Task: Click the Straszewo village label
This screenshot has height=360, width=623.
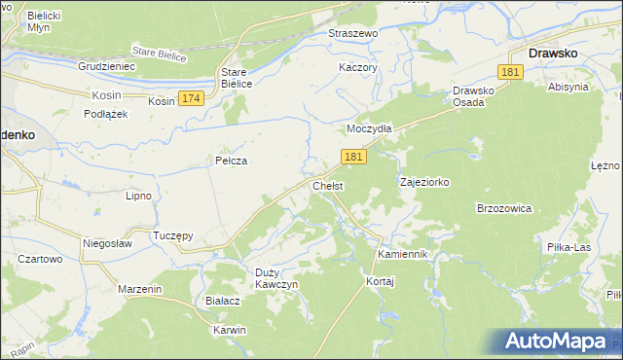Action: point(352,33)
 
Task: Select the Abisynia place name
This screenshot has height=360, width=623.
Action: point(568,87)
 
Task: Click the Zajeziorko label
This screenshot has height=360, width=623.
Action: point(424,182)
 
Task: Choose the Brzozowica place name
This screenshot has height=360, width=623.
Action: point(503,208)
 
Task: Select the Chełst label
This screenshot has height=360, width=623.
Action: point(327,186)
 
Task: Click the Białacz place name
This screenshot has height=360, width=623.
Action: point(223,302)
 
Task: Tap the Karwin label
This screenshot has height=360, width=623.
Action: point(230,330)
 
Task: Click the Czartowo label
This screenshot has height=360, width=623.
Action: point(40,260)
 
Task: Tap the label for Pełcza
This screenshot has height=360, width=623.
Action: point(230,161)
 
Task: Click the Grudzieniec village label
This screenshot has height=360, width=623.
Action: point(106,66)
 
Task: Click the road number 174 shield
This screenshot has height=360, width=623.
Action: point(192,99)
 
